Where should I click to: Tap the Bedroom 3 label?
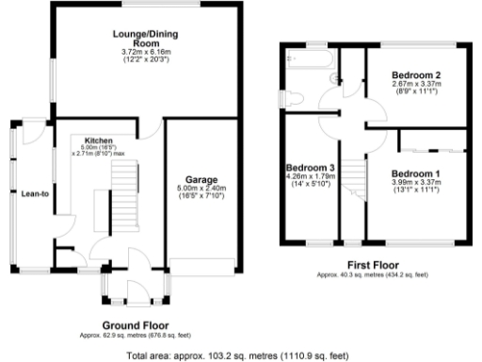pyautogui.click(x=311, y=167)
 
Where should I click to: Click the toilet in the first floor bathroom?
pyautogui.click(x=291, y=97)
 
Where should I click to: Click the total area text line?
pyautogui.click(x=240, y=355)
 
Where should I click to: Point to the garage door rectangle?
pyautogui.click(x=202, y=265)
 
